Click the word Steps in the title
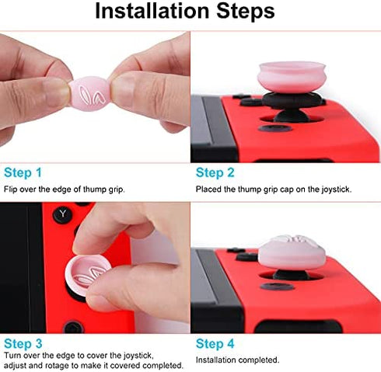[x=242, y=12]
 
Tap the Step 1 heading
[x=23, y=172]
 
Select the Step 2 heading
[x=215, y=172]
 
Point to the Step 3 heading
[x=23, y=342]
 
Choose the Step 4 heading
[x=215, y=342]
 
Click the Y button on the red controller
[x=61, y=213]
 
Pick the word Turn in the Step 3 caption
[x=12, y=356]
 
